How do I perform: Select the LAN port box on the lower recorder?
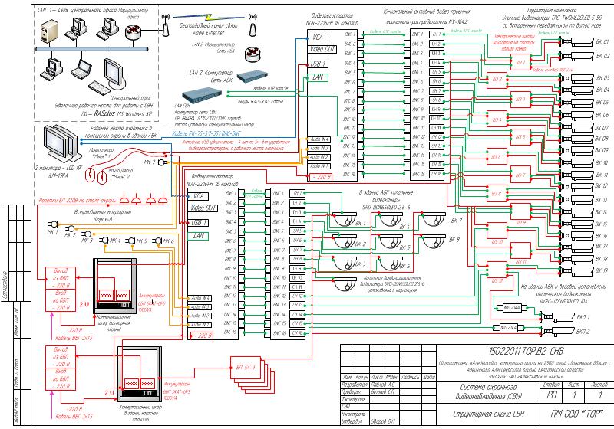coord(200,235)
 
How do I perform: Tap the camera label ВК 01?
coord(602,41)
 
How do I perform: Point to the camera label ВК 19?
coord(602,270)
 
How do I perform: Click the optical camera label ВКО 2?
coord(583,331)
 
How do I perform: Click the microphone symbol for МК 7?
coord(163,162)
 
